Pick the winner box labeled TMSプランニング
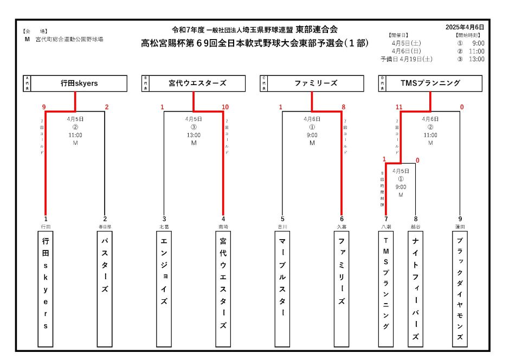click(430, 83)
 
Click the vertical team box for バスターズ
click(105, 288)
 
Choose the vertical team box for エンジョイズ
click(164, 288)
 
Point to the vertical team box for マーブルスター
click(282, 288)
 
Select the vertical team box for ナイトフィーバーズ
click(416, 288)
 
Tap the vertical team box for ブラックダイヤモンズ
click(460, 288)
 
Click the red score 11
click(399, 107)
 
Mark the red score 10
click(225, 107)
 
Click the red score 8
click(343, 107)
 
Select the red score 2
click(107, 107)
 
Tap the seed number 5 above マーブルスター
click(282, 219)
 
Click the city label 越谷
click(416, 226)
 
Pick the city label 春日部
click(105, 226)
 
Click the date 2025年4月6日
click(465, 27)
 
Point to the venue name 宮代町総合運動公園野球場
click(69, 40)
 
